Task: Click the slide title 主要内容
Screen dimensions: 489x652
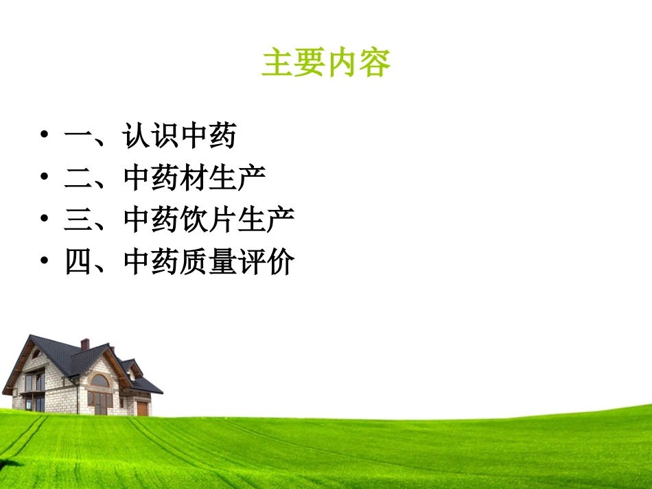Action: tap(326, 63)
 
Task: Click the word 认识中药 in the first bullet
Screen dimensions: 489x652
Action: tap(180, 136)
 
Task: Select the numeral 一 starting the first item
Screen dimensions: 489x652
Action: tap(78, 136)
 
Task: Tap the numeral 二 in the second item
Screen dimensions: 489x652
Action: tap(78, 178)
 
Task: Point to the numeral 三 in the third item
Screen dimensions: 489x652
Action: tap(78, 219)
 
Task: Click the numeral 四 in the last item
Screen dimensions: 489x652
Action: tap(78, 261)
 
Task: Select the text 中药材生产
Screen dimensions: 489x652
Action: tap(195, 178)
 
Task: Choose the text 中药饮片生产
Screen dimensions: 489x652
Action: tap(209, 219)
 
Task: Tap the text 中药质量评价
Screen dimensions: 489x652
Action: tap(209, 261)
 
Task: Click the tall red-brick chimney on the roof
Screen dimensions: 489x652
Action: tap(84, 344)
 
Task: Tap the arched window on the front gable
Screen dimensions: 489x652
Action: tap(100, 381)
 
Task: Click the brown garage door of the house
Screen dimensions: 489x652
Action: tap(142, 409)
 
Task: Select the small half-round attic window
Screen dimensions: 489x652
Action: tap(36, 355)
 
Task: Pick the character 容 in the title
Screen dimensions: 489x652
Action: tap(375, 63)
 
